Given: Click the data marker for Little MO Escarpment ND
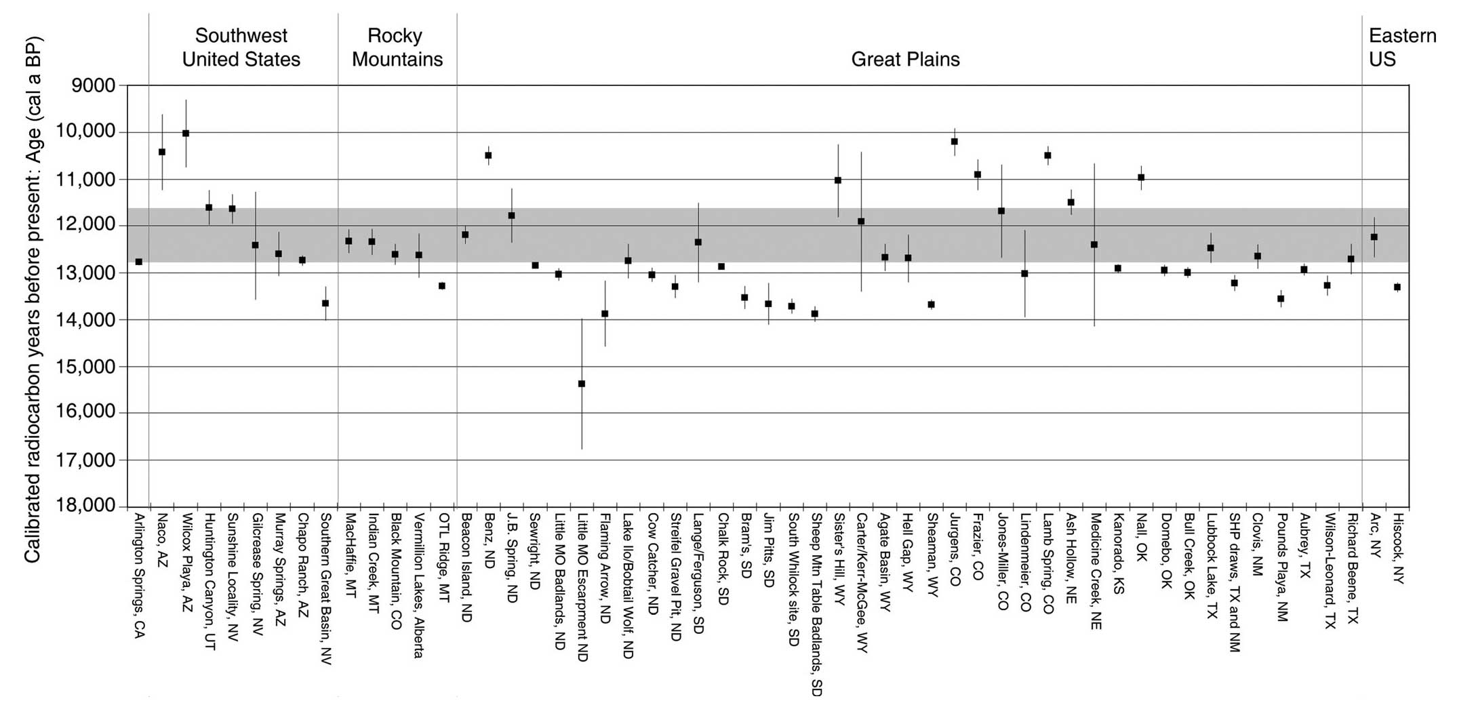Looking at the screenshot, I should [581, 384].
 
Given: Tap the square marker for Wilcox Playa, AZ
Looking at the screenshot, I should [186, 134].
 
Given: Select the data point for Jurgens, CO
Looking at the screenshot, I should [954, 142].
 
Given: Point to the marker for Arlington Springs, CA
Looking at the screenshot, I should [139, 262].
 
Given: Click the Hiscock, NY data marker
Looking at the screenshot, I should [1397, 287].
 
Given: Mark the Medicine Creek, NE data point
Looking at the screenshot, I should [1094, 245].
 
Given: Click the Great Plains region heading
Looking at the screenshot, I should [905, 60].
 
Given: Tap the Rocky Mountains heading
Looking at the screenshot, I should [397, 47].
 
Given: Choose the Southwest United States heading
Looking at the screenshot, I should [241, 47].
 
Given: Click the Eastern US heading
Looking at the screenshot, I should [1401, 47].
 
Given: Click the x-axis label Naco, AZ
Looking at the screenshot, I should [162, 538].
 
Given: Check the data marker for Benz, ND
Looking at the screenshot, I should [488, 155].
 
